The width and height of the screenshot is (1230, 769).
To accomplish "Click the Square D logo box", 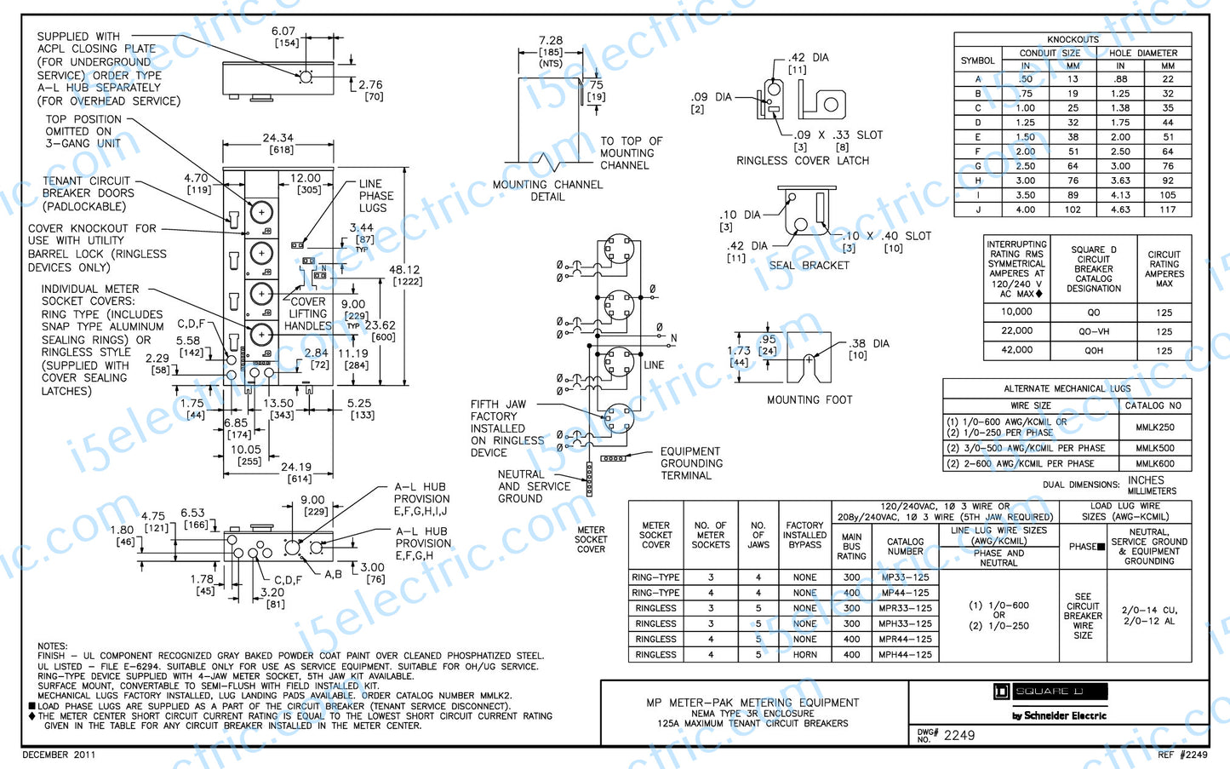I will click(x=1050, y=692).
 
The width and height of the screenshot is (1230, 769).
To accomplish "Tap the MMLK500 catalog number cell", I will click(x=1154, y=448).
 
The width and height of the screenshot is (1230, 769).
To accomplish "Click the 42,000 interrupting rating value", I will click(x=1016, y=350).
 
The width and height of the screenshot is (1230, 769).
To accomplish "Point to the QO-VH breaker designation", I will click(x=1094, y=331).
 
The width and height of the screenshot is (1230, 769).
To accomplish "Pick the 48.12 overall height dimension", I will click(x=404, y=270).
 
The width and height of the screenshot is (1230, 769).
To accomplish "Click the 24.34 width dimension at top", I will click(x=278, y=138).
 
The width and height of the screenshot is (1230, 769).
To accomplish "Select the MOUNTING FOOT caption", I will click(x=809, y=399).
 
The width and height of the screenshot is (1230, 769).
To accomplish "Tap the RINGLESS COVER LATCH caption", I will click(x=802, y=160).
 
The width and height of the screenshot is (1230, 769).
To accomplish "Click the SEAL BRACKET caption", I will click(x=809, y=266).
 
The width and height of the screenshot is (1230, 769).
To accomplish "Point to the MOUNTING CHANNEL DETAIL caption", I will click(x=547, y=191).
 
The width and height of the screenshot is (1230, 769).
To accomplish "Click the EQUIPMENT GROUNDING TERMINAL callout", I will click(x=691, y=463).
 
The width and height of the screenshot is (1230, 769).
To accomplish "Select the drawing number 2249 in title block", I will click(x=959, y=735).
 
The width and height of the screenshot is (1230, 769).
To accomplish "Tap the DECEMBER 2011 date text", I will click(x=59, y=755).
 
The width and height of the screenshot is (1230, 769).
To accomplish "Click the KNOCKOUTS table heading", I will click(x=1073, y=39).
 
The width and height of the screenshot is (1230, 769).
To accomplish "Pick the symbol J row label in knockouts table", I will click(x=977, y=209).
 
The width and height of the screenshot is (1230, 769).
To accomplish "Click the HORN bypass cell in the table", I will click(x=804, y=655).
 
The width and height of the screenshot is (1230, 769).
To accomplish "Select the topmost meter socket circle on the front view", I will click(x=261, y=212).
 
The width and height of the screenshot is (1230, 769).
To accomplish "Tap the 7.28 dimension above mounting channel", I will click(x=550, y=40).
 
